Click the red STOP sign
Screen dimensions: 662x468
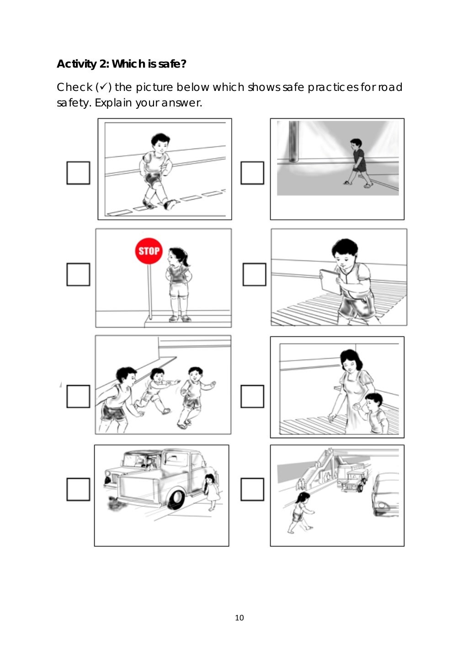click(149, 251)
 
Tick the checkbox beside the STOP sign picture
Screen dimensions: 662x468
click(78, 274)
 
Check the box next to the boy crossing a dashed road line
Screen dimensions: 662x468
click(78, 173)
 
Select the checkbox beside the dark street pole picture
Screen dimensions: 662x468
click(252, 173)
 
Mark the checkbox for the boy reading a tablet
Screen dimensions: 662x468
click(254, 274)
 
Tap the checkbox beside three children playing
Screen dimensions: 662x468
click(78, 396)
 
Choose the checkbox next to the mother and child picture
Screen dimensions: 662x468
click(252, 396)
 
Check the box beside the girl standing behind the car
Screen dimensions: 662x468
click(78, 489)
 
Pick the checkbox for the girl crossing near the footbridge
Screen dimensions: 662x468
click(252, 489)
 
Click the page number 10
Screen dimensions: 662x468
click(239, 618)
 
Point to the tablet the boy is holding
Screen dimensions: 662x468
click(330, 281)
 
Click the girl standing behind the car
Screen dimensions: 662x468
click(211, 492)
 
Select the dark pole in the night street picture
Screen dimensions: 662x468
click(294, 142)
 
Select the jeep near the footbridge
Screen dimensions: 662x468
click(352, 480)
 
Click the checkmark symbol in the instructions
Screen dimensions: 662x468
click(103, 87)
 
